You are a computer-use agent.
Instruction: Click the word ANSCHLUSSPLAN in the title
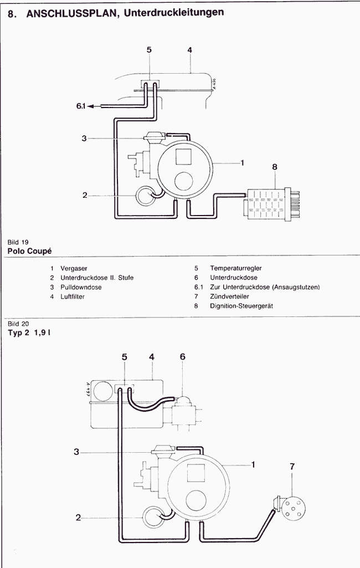point(73,13)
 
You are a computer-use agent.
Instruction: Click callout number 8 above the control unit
point(275,167)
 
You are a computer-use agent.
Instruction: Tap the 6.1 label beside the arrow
point(80,106)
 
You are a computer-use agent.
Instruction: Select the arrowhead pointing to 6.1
point(90,106)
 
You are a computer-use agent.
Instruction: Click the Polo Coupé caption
point(30,251)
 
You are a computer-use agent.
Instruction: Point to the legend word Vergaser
point(74,268)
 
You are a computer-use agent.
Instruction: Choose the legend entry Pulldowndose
point(81,287)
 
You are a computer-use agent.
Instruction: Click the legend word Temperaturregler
point(236,268)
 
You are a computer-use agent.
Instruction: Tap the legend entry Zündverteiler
point(230,296)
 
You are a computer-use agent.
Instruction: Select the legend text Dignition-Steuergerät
point(241,306)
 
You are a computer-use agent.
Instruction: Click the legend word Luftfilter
point(73,296)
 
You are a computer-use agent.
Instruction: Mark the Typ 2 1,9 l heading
point(29,332)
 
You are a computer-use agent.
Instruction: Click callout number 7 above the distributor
point(292,467)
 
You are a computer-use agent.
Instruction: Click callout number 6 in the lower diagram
point(183,357)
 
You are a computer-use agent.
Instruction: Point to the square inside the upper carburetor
point(183,156)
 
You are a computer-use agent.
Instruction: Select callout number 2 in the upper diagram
point(85,195)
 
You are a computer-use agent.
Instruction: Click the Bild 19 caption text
point(18,242)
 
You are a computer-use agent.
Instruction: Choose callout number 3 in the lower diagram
point(76,452)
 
